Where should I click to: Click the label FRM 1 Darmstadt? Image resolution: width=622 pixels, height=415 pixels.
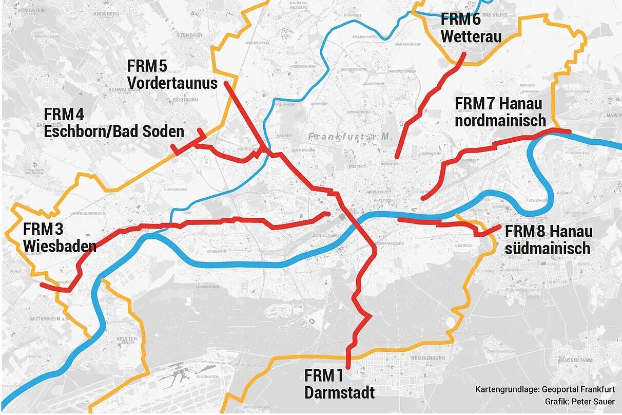[339, 384]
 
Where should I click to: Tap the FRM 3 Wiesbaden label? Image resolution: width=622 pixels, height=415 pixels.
[60, 237]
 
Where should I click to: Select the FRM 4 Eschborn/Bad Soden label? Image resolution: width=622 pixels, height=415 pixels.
[114, 123]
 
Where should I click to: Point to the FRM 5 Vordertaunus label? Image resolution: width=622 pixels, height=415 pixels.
[172, 74]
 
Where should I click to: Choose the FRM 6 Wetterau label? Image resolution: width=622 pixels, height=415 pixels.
[471, 28]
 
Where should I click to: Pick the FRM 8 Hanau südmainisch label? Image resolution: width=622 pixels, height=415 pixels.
[548, 240]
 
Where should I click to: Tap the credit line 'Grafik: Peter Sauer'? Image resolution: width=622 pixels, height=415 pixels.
[580, 401]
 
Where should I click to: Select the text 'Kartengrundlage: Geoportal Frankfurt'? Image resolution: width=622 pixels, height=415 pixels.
[545, 389]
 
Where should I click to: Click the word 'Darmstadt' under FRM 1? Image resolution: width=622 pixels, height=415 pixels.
[339, 393]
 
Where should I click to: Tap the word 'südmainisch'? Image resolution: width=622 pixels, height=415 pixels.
[548, 249]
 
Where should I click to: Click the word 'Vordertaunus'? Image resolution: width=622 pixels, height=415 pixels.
[172, 83]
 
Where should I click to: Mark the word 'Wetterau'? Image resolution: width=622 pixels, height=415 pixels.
[471, 37]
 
